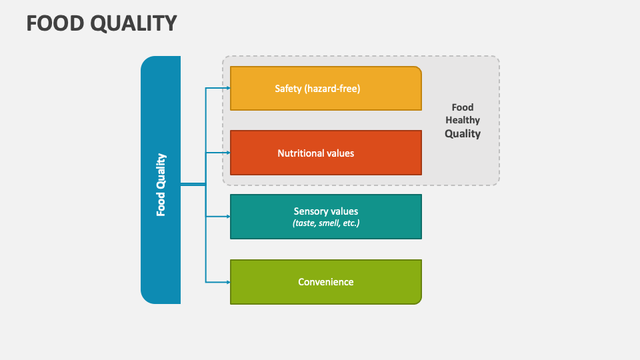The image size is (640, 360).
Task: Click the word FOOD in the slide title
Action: coord(54,23)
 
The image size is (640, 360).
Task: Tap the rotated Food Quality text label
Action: coord(161,185)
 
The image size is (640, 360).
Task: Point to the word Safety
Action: coord(288,88)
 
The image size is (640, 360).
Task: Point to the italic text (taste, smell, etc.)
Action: coord(326,223)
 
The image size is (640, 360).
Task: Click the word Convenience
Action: coord(326,282)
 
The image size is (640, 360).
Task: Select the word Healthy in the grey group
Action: coord(463,121)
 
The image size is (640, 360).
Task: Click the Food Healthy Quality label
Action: coord(463,121)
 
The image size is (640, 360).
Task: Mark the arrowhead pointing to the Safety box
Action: coord(227,88)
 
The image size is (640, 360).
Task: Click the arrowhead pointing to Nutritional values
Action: coord(227,153)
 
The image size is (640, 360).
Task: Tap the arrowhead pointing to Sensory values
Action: coord(227,217)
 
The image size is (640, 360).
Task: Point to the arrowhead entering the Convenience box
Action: coord(227,281)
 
